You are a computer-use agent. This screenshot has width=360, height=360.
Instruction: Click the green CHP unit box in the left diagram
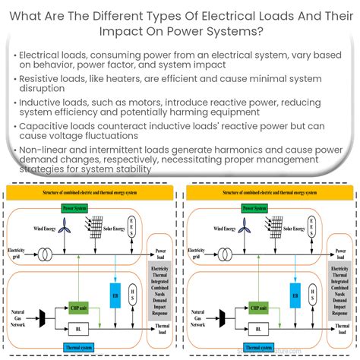click(x=79, y=306)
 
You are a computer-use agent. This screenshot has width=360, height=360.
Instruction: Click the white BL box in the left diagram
click(x=78, y=330)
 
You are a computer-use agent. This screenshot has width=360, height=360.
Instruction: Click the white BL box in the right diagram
click(x=256, y=330)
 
